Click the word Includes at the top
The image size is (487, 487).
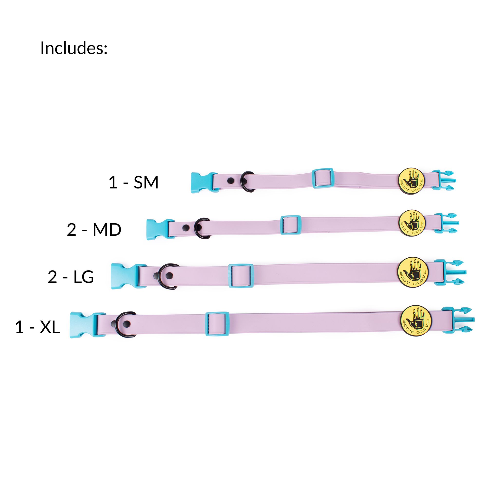pos(74,48)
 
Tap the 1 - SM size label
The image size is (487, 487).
pos(133,182)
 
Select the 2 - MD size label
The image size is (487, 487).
pos(94,230)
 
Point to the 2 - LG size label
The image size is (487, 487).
pos(71,277)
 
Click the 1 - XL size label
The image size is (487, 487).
pos(37,327)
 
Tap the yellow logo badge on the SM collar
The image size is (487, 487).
pos(411,181)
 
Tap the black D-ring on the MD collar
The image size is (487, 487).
pos(202,228)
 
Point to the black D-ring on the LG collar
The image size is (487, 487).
pos(168,277)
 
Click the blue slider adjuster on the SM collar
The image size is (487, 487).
pos(323,178)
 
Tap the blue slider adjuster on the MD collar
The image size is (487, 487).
pos(291,225)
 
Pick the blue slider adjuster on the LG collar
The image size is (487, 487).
pos(241,276)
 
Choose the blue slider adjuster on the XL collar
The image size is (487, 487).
pos(217,324)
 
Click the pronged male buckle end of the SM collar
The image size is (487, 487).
pos(444,180)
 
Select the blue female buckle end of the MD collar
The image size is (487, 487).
pos(158,229)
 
